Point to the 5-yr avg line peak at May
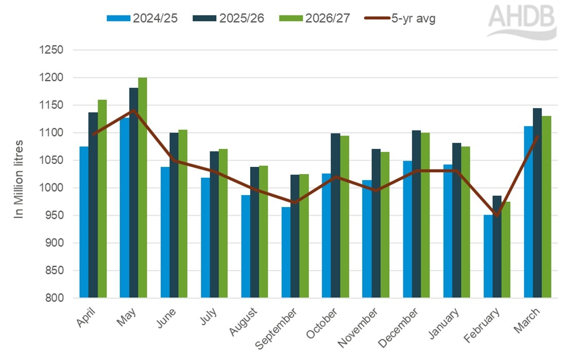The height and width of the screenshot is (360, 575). click(x=134, y=110)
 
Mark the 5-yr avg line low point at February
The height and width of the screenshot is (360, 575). click(x=497, y=215)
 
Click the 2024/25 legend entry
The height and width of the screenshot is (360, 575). click(x=142, y=18)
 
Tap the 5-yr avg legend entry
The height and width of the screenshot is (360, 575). click(x=400, y=18)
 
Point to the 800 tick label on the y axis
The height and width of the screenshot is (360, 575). click(x=53, y=298)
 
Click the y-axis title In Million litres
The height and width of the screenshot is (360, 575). click(x=19, y=179)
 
